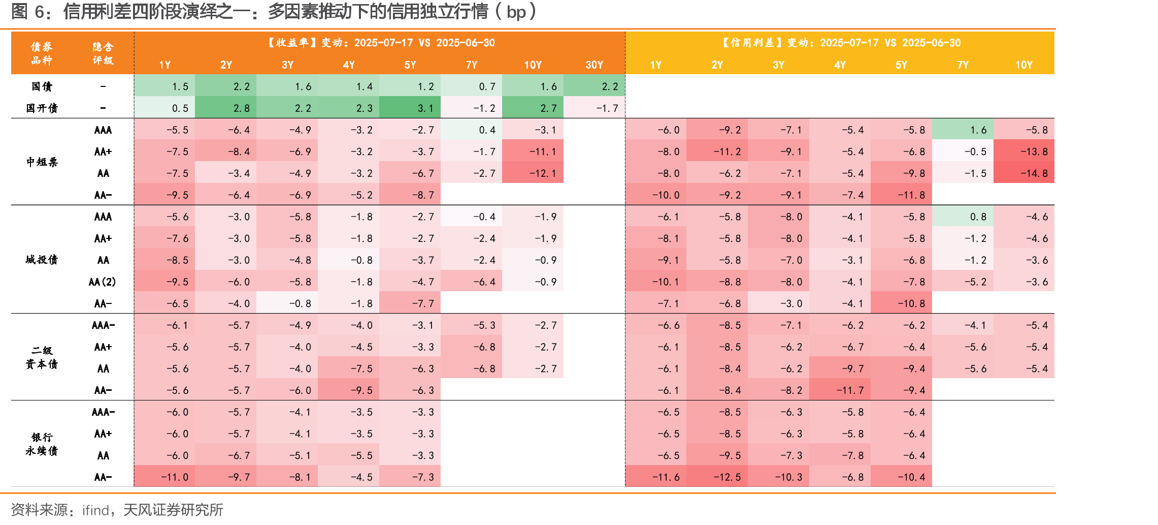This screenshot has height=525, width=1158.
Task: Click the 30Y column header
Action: (594, 65)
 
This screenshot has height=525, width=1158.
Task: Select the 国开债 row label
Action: (42, 108)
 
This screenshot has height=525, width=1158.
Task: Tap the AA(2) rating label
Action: (103, 282)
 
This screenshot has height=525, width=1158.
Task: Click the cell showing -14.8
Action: (1024, 173)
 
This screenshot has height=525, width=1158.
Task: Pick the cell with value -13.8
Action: (1024, 151)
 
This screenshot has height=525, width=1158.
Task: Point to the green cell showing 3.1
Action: (410, 108)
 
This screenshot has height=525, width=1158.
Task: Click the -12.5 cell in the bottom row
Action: (717, 477)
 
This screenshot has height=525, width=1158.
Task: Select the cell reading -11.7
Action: (840, 390)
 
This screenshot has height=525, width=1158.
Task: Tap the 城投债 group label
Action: (42, 260)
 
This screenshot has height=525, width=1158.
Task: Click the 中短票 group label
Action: (42, 162)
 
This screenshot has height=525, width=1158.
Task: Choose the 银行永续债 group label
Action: (42, 444)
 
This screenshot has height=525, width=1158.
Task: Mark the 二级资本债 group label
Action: (42, 357)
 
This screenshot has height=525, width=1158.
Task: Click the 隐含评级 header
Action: (103, 53)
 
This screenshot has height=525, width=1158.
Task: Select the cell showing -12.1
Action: (533, 173)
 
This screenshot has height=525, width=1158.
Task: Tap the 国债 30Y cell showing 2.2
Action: (594, 86)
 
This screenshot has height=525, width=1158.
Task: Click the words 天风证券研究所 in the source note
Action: (174, 510)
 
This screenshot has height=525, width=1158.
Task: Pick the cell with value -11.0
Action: (164, 477)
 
